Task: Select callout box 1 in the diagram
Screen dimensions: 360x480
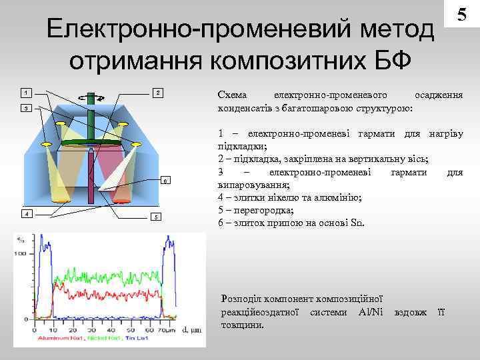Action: (25, 91)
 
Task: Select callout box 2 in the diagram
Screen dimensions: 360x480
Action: (157, 91)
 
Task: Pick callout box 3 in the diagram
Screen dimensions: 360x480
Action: (25, 107)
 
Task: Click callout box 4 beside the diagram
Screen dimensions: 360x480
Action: (25, 213)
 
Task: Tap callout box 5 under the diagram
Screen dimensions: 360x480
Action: (155, 217)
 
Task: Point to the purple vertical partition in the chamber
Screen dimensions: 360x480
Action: (91, 170)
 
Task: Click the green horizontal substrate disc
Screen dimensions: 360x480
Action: (91, 143)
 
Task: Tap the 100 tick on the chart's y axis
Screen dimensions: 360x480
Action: (21, 255)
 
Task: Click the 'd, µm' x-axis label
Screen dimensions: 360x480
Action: (193, 329)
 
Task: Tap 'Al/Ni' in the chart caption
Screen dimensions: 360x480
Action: (371, 312)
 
